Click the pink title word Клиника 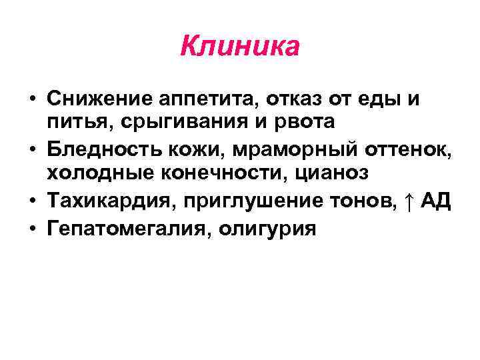pyautogui.click(x=240, y=47)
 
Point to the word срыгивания pyautogui.click(x=167, y=123)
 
